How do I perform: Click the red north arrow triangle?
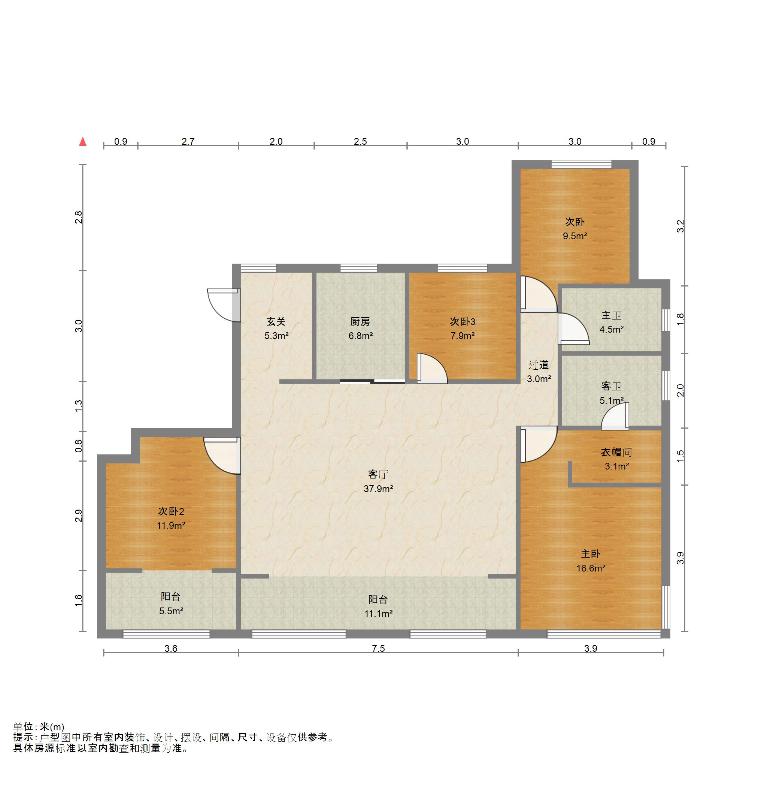coord(83,141)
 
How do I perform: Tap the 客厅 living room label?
coord(378,474)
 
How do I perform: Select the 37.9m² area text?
coord(378,489)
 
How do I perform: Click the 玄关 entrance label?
coord(276,322)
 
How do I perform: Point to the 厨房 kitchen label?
coord(360,322)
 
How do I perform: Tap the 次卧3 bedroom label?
coord(463,322)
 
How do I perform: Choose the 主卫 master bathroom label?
coord(612,315)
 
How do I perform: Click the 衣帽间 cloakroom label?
coord(616,452)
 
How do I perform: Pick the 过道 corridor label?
coord(539,365)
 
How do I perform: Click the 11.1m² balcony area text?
coord(378,613)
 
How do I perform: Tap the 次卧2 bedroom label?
coord(171,511)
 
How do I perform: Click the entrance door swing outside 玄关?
coord(223,305)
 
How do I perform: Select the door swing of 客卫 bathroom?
coord(615,416)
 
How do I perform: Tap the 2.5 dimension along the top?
coord(360,141)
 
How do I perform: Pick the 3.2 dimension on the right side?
coord(680,226)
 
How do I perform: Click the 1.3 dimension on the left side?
coord(79,406)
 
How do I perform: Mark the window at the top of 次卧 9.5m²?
coord(582,164)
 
